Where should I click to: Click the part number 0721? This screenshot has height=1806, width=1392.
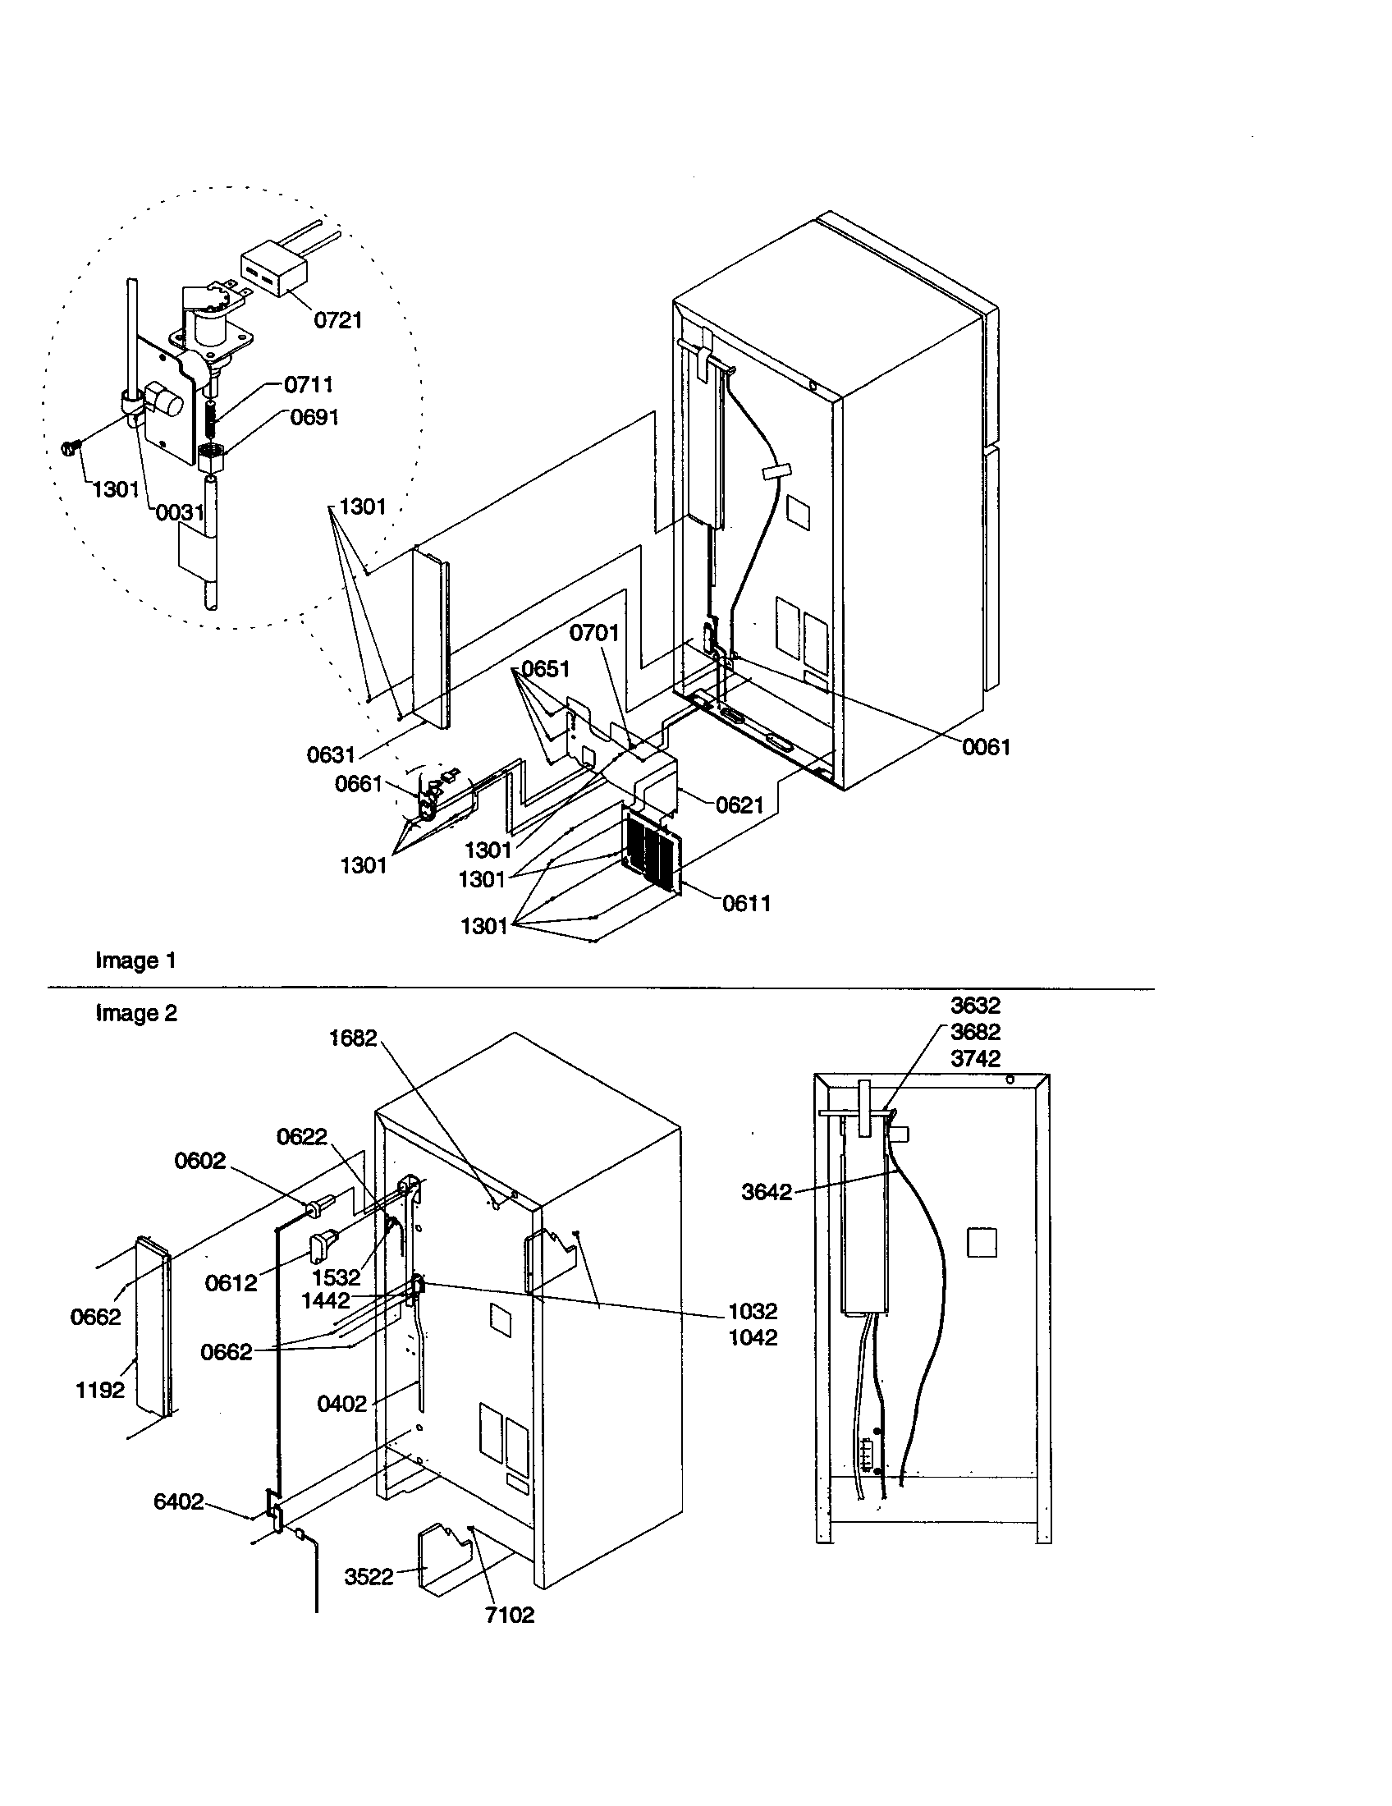coord(337,320)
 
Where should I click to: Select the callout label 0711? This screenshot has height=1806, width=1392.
coord(309,384)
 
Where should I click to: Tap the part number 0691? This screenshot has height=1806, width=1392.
coord(314,417)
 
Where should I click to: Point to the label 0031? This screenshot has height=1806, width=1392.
coord(181,513)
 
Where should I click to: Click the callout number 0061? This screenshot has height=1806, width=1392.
coord(987,747)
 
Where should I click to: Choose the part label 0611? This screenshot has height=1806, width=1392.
coord(745,903)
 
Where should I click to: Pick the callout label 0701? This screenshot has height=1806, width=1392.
coord(594,633)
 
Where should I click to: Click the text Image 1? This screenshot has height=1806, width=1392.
coord(135,960)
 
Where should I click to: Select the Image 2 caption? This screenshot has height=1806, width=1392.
coord(135,1013)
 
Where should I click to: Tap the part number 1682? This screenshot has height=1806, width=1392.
coord(352,1038)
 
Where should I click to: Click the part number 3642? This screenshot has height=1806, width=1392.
coord(767,1192)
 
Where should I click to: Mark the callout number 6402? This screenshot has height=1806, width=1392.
coord(179,1501)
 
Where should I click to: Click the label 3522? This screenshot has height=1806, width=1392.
coord(369,1577)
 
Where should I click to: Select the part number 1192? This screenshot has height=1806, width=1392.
coord(100,1390)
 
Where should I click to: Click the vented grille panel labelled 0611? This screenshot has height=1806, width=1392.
coord(651,853)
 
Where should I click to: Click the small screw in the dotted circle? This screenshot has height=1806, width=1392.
coord(70,449)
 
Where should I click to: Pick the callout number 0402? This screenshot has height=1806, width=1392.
coord(341,1403)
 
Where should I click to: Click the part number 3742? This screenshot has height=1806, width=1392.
coord(975,1058)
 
